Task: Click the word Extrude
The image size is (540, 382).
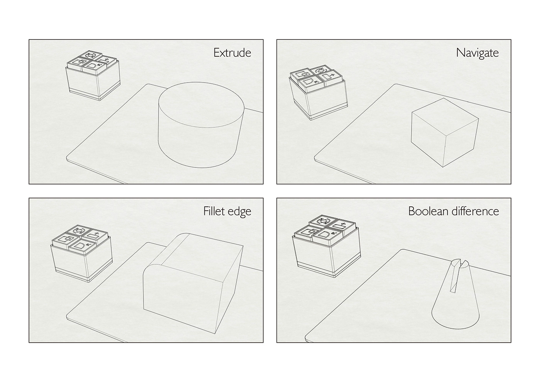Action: (x=232, y=52)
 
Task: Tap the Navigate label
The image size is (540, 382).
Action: (x=477, y=52)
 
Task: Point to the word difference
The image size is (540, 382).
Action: (x=478, y=211)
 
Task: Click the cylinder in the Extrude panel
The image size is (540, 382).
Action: (x=201, y=135)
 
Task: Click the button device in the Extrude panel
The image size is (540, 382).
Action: (x=93, y=75)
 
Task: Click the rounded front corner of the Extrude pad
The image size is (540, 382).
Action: (x=69, y=158)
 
